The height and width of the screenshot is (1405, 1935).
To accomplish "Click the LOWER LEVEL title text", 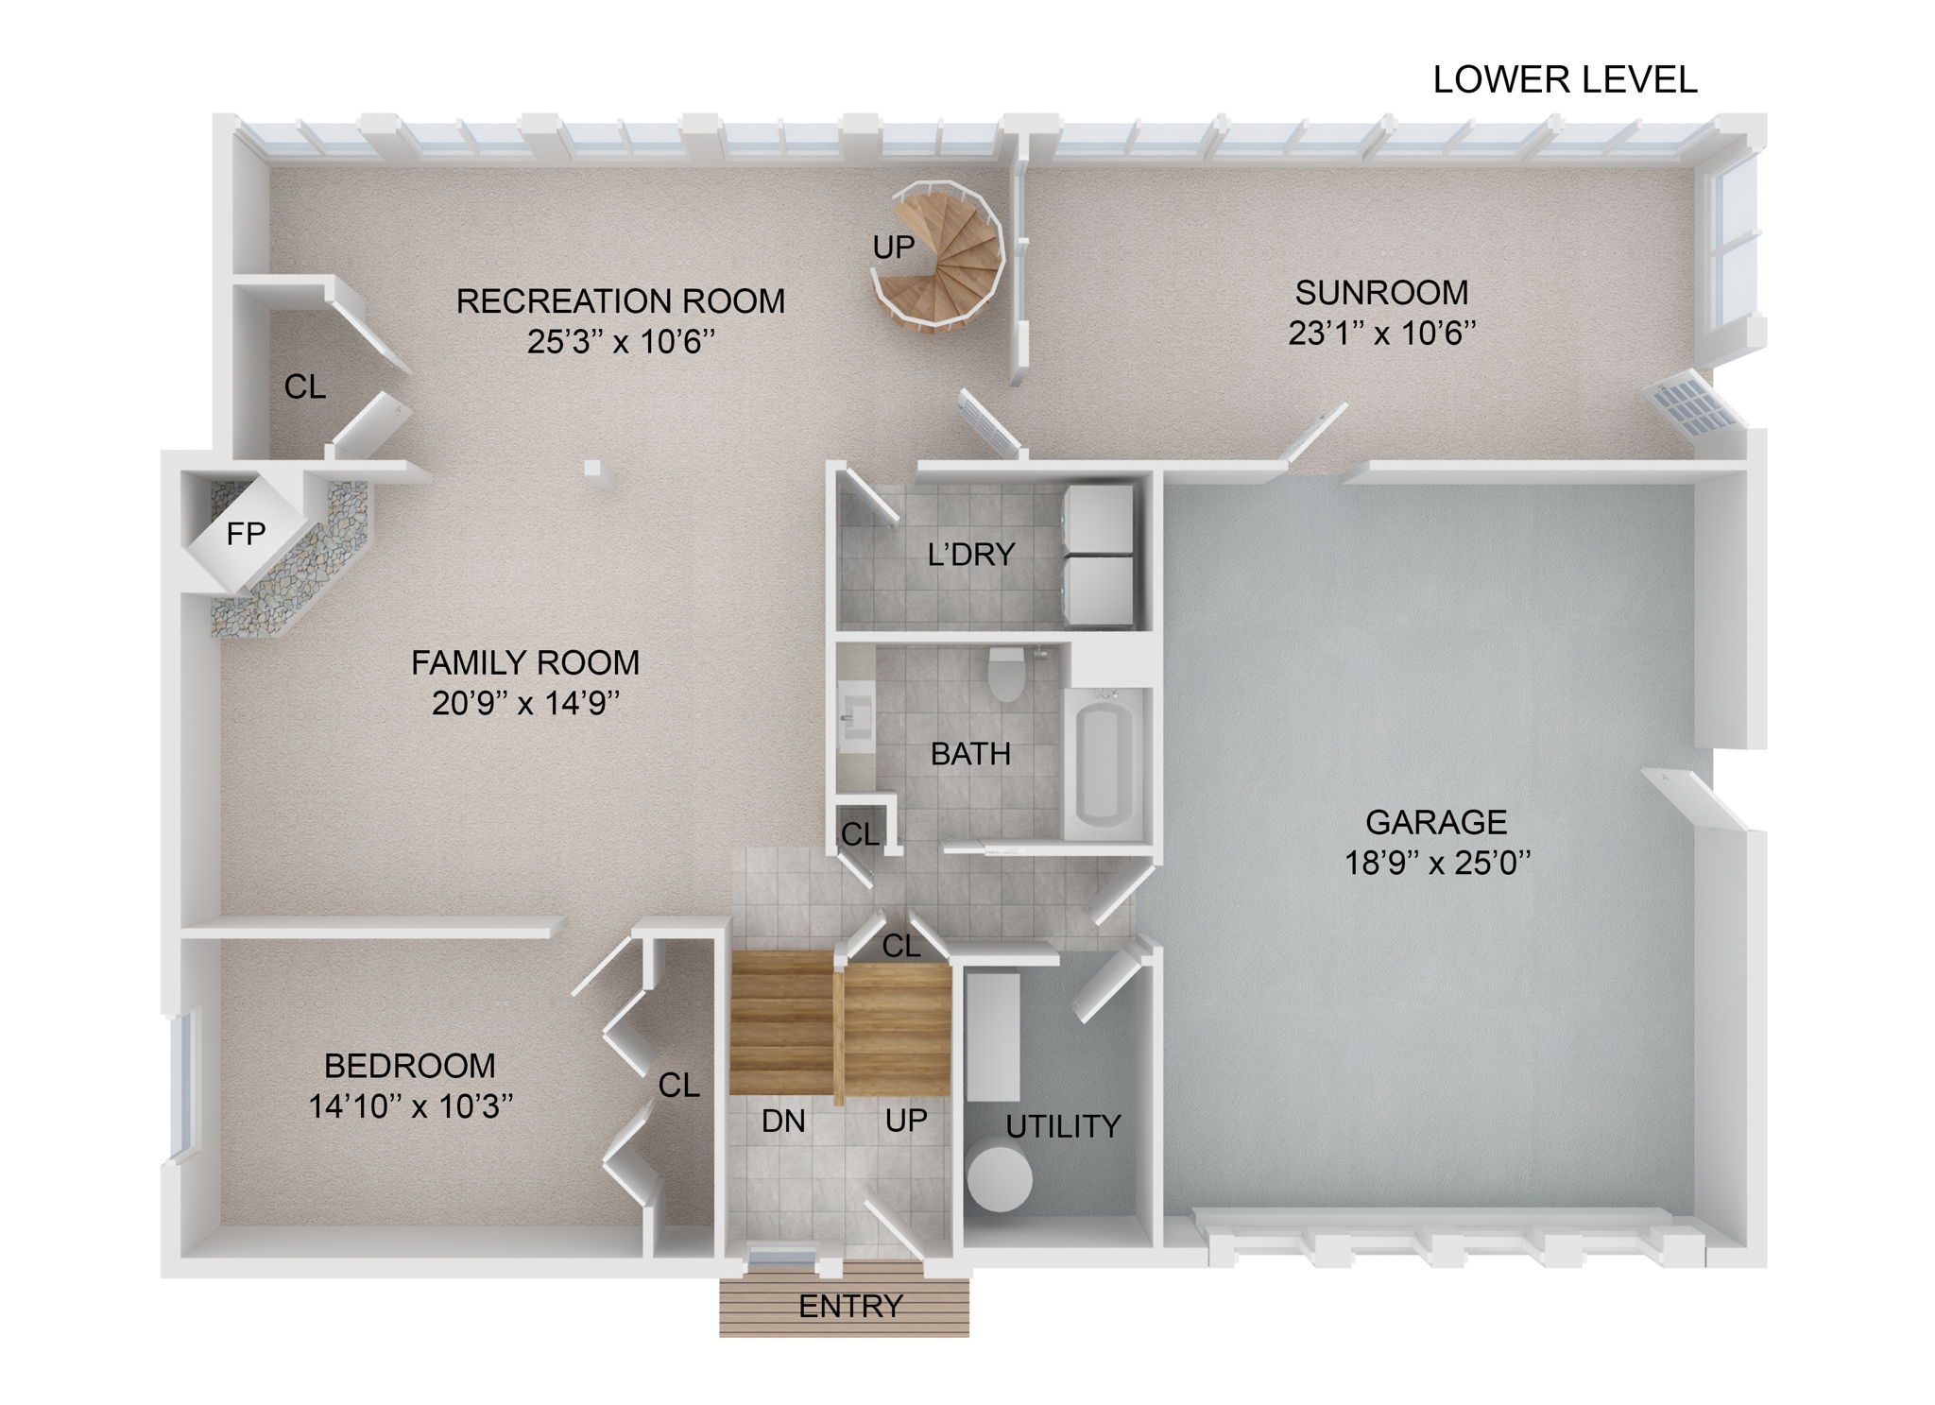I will pyautogui.click(x=1565, y=80).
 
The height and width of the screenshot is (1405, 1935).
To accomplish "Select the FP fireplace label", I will pyautogui.click(x=246, y=535).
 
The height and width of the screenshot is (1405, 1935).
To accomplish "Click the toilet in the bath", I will pyautogui.click(x=1005, y=674).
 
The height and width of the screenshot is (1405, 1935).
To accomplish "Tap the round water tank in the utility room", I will pyautogui.click(x=1000, y=1179).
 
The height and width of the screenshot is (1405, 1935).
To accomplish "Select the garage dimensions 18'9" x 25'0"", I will pyautogui.click(x=1436, y=864).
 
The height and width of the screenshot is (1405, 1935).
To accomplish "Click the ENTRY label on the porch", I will pyautogui.click(x=850, y=1307).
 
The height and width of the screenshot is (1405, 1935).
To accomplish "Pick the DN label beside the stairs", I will pyautogui.click(x=783, y=1122).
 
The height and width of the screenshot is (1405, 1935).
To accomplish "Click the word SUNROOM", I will pyautogui.click(x=1381, y=293).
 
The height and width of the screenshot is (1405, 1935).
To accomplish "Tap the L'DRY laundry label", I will pyautogui.click(x=970, y=555).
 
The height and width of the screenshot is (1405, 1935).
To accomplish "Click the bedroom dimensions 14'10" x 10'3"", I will pyautogui.click(x=410, y=1106).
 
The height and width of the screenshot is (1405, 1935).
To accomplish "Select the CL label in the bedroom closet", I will pyautogui.click(x=678, y=1087).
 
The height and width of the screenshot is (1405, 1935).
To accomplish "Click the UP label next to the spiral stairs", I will pyautogui.click(x=893, y=248).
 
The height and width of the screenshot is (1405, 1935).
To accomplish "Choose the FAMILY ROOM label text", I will pyautogui.click(x=525, y=663).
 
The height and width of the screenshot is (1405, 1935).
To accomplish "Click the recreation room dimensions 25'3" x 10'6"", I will pyautogui.click(x=620, y=342).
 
